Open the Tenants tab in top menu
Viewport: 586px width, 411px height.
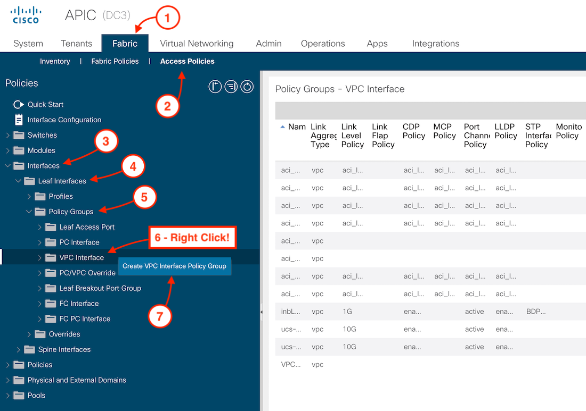point(76,44)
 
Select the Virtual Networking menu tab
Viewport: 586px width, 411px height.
point(197,44)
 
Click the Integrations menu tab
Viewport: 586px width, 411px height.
point(435,44)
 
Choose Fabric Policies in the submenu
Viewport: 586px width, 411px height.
point(115,61)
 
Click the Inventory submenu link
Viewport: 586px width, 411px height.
point(55,61)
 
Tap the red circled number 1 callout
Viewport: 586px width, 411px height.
point(168,19)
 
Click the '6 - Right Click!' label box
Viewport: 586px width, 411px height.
point(192,238)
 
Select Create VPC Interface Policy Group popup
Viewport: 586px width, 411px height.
point(174,266)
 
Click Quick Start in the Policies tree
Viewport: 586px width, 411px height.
point(45,105)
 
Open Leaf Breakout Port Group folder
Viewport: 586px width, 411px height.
point(100,288)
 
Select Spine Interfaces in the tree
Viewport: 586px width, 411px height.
point(64,349)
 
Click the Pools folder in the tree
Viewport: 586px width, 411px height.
point(36,396)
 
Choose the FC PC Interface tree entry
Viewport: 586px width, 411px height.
point(85,319)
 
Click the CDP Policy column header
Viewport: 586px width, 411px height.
point(413,131)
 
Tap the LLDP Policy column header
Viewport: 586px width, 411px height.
point(505,131)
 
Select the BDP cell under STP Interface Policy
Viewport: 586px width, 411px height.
point(535,312)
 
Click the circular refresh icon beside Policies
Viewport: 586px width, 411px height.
point(247,87)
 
